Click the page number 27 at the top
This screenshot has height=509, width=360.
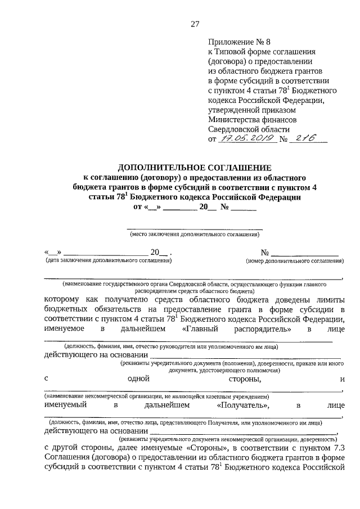pos(195,24)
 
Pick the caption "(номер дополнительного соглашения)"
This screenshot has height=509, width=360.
pos(294,261)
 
